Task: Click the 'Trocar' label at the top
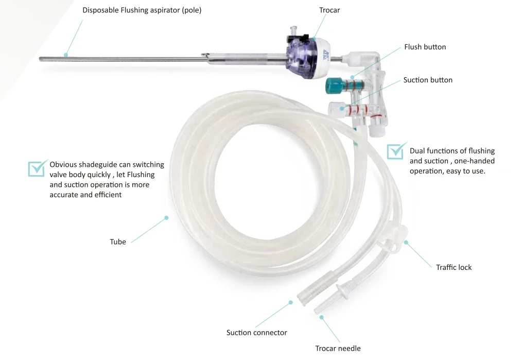(x=329, y=10)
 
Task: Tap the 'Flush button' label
(x=425, y=47)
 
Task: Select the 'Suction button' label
(x=428, y=80)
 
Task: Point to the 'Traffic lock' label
(x=454, y=267)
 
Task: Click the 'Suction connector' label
(x=257, y=333)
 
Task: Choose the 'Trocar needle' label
(x=338, y=348)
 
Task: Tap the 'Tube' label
(x=118, y=242)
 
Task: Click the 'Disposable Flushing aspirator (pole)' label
(x=142, y=10)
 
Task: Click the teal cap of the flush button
(x=333, y=85)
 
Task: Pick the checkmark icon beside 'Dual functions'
(x=396, y=151)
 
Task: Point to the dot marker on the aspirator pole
(x=66, y=55)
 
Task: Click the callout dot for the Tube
(x=166, y=218)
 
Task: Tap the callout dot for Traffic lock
(x=406, y=242)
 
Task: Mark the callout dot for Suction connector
(x=291, y=302)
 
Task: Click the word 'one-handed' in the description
(x=475, y=161)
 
